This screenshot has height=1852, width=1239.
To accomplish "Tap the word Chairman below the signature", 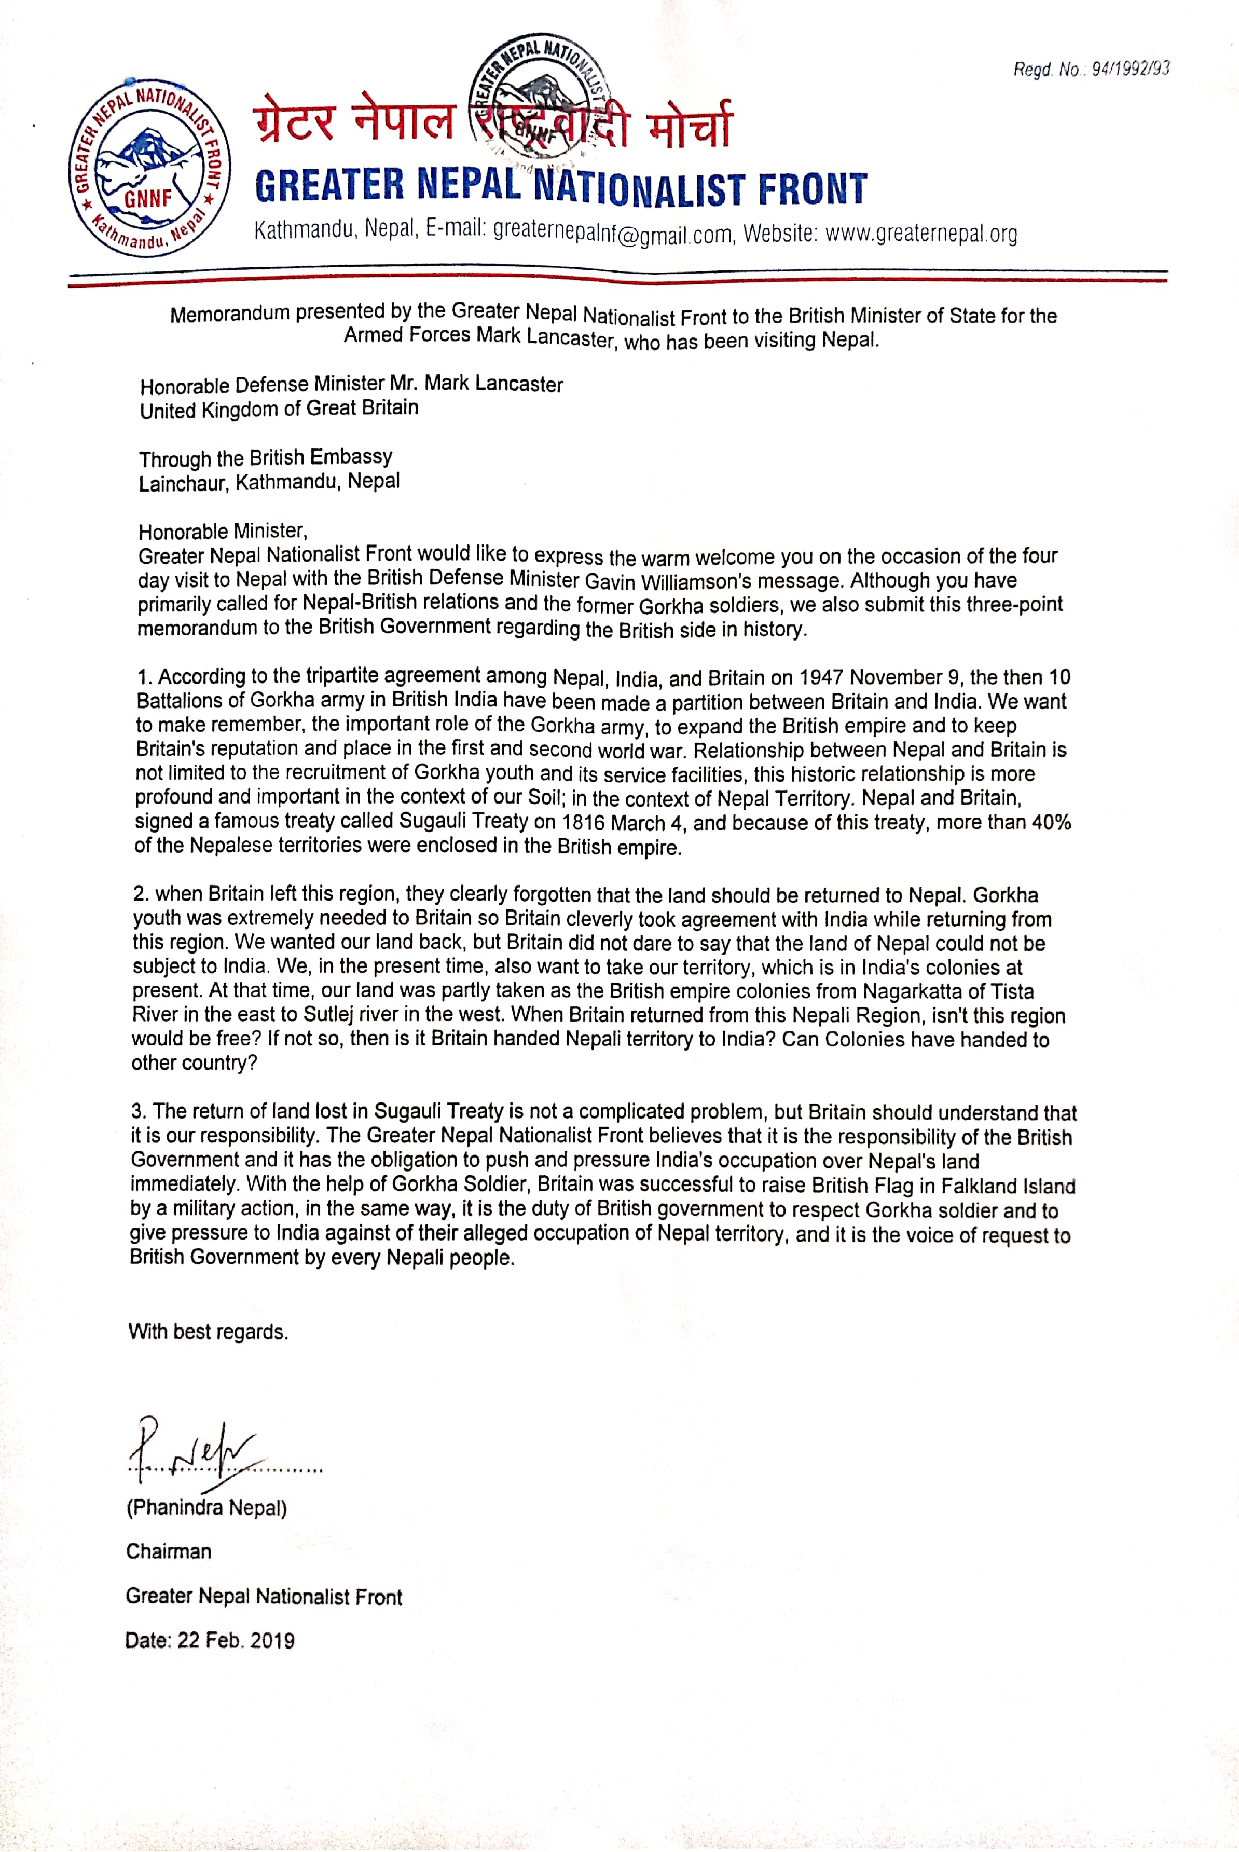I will (168, 1551).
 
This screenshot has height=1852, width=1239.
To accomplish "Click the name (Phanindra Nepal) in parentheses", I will (206, 1507).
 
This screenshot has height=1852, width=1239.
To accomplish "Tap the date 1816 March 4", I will (624, 823).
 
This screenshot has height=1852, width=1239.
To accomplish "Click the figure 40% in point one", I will (1051, 822).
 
